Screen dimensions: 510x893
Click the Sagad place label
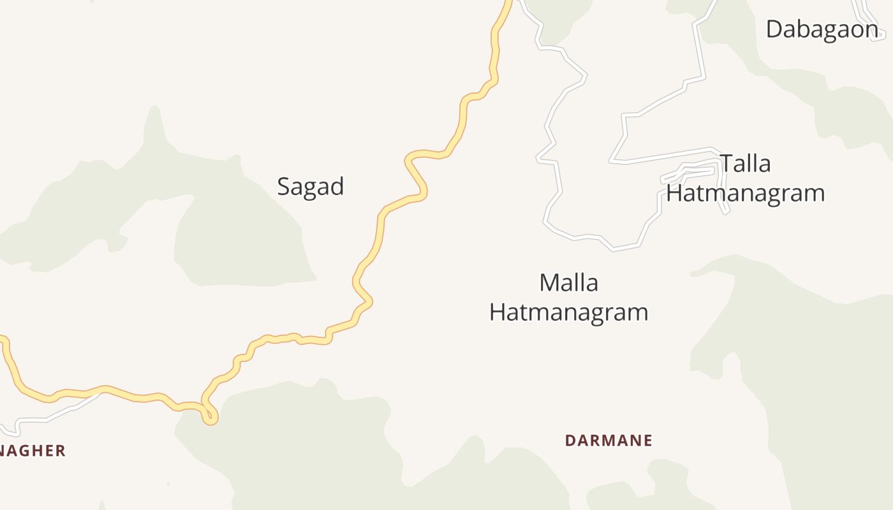coord(311,186)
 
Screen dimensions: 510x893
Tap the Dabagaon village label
coord(822,29)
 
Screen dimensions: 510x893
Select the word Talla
coord(746,164)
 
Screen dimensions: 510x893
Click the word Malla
coord(568,282)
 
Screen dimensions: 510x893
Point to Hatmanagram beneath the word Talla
coord(746,193)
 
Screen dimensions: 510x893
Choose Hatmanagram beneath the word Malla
coord(568,312)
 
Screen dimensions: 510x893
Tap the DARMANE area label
coord(609,441)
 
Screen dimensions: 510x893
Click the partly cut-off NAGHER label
coord(32,451)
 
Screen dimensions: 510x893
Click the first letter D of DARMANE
coord(570,441)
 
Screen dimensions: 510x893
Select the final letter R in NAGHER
coord(61,451)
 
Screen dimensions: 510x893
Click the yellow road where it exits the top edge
coord(508,3)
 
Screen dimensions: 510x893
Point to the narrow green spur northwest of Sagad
coord(153,124)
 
